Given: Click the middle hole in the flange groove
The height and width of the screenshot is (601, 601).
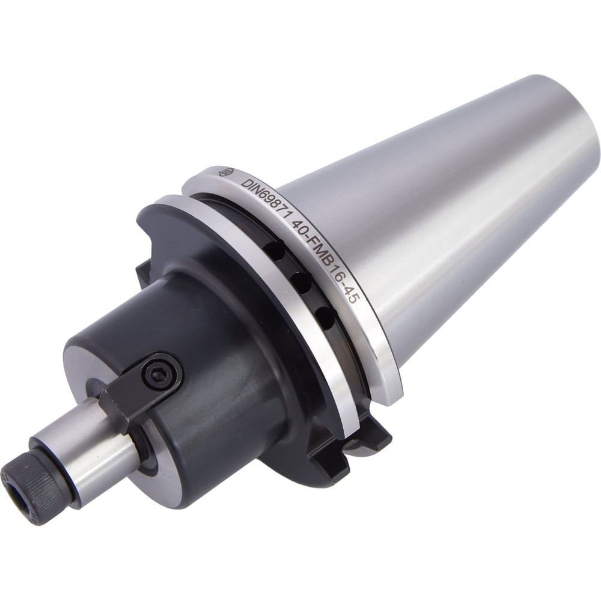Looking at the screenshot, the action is pos(301,283).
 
